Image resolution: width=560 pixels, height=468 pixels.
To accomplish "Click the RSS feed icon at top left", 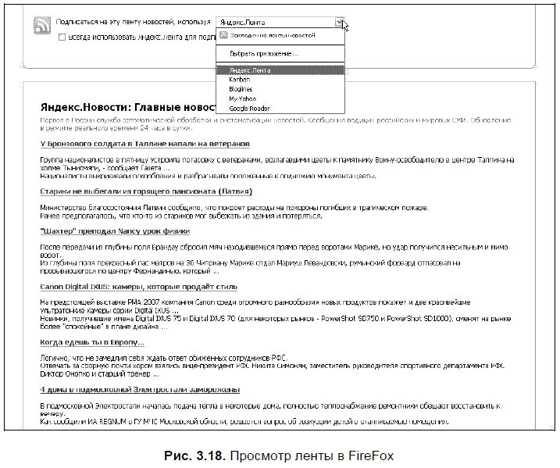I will point(41,26).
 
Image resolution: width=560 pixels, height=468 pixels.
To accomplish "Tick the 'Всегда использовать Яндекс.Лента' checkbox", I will point(62,36).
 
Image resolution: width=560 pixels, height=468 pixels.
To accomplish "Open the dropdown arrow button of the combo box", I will point(339,23).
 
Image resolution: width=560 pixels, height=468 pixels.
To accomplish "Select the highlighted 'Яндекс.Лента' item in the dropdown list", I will point(246,70).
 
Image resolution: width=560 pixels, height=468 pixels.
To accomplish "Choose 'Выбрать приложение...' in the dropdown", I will point(263,53).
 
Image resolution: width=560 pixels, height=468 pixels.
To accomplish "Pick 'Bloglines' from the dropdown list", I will point(241,89).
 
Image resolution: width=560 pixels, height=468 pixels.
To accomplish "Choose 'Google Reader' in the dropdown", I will point(250,108).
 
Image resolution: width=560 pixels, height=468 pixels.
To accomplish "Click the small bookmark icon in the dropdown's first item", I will point(223,35).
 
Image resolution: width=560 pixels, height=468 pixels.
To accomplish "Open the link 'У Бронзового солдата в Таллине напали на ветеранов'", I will point(144,144).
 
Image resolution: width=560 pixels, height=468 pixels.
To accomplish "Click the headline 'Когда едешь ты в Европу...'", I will point(92,342).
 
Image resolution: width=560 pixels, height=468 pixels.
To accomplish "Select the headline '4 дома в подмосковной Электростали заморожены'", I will point(140,389).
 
